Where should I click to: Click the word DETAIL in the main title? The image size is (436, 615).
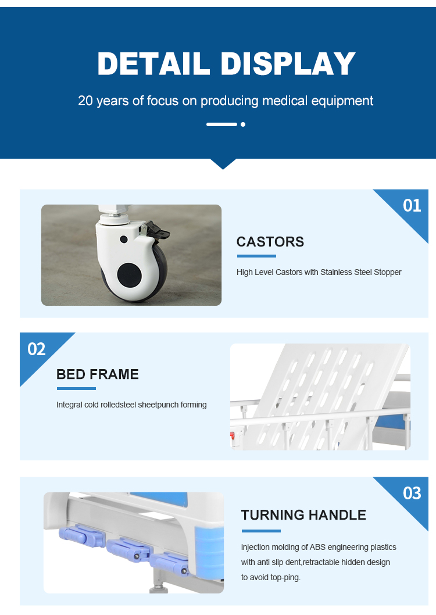pyautogui.click(x=153, y=63)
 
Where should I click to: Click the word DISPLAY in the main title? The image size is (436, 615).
pyautogui.click(x=288, y=63)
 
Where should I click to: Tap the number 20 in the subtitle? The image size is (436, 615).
pyautogui.click(x=85, y=101)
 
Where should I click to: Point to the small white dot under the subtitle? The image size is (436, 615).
pyautogui.click(x=243, y=124)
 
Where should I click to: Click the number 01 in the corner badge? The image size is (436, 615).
pyautogui.click(x=412, y=206)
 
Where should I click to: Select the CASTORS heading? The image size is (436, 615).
pyautogui.click(x=270, y=242)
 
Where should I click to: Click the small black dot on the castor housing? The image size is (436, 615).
pyautogui.click(x=123, y=239)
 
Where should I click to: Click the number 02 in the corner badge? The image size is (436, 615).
pyautogui.click(x=37, y=349)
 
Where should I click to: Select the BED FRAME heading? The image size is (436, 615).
pyautogui.click(x=98, y=374)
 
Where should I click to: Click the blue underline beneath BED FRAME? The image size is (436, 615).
pyautogui.click(x=76, y=389)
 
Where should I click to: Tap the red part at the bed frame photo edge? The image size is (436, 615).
pyautogui.click(x=232, y=435)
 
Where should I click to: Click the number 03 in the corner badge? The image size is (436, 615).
pyautogui.click(x=412, y=493)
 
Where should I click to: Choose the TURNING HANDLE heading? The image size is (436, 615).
pyautogui.click(x=303, y=514)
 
